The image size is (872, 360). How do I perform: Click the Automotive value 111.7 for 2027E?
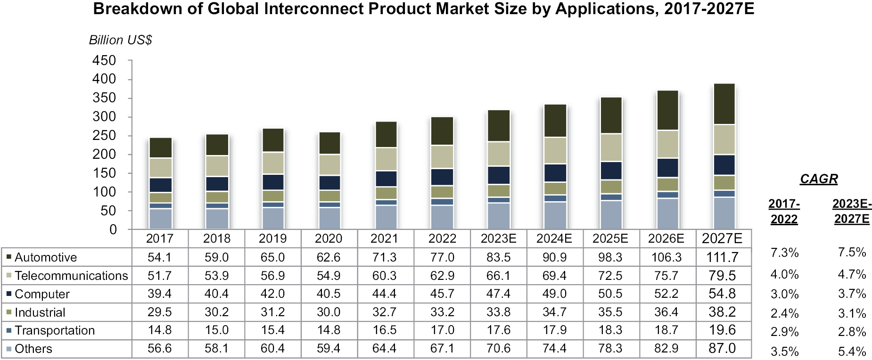[x=722, y=257]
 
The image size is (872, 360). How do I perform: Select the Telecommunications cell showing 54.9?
[x=329, y=276]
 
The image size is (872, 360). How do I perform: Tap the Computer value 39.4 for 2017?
[x=159, y=294]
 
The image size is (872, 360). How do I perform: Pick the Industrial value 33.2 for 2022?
[x=442, y=312]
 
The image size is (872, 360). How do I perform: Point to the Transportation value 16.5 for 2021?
[x=385, y=330]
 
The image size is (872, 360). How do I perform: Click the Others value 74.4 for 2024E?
[x=554, y=349]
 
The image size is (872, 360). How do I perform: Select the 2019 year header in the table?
[x=272, y=239]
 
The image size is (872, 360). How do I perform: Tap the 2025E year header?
[x=610, y=239]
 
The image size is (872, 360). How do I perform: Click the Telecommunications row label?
[x=71, y=276]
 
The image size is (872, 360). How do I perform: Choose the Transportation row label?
[x=55, y=330]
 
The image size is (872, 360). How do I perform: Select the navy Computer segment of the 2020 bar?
[x=329, y=183]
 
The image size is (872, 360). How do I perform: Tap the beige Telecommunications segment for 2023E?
[x=499, y=154]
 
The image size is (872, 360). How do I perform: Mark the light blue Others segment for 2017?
[x=160, y=219]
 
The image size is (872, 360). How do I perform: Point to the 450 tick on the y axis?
[x=104, y=60]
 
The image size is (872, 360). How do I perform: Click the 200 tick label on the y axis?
[x=104, y=154]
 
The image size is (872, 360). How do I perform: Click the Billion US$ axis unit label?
[x=120, y=40]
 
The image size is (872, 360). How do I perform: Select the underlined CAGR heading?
[x=819, y=179]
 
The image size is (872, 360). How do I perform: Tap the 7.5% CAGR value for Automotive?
[x=852, y=253]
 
